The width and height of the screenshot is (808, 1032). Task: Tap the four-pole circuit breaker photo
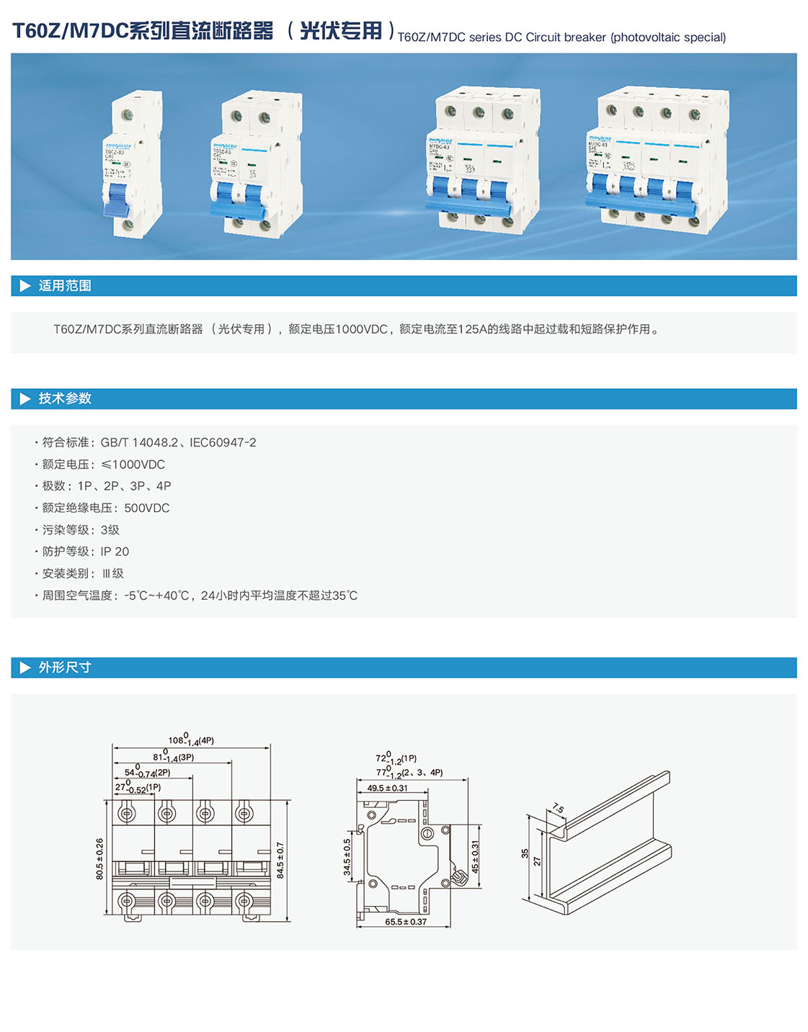[x=657, y=160]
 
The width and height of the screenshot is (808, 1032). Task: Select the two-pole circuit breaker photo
[x=256, y=163]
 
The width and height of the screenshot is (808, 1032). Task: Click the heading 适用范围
[x=65, y=286]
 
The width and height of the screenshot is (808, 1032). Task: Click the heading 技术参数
[x=65, y=399]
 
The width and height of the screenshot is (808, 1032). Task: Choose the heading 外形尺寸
[x=65, y=668]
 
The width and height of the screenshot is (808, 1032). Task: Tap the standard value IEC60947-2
[x=223, y=442]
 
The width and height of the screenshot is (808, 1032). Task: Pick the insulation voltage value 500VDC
[x=147, y=508]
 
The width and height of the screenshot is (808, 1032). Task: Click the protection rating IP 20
[x=115, y=552]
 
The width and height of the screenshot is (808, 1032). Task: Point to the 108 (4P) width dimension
[x=190, y=740]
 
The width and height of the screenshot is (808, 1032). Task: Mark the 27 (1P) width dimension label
[x=137, y=788]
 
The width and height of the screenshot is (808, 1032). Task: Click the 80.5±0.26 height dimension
[x=99, y=858]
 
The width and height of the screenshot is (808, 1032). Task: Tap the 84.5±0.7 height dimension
[x=280, y=860]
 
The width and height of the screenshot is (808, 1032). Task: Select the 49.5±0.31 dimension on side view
[x=387, y=788]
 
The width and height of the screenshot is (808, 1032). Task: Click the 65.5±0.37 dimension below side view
[x=406, y=922]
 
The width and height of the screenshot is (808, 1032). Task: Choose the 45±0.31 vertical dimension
[x=475, y=857]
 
